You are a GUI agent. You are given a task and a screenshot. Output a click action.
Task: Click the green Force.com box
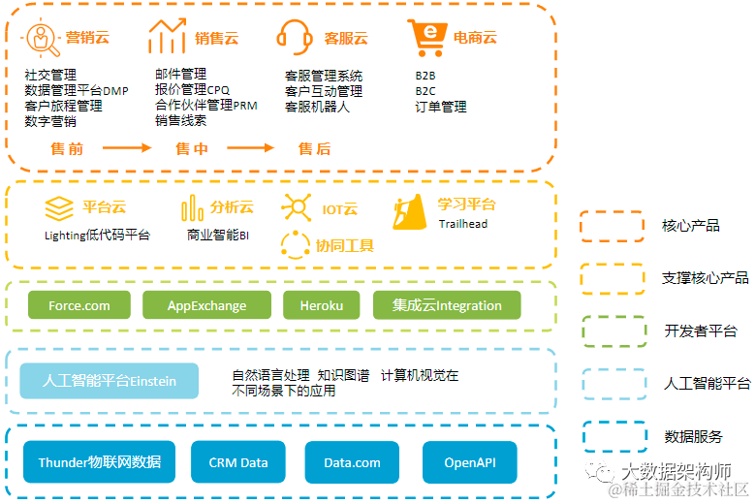click(79, 305)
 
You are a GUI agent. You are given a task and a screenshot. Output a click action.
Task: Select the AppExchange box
click(206, 305)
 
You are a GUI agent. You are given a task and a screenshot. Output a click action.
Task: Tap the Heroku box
click(322, 305)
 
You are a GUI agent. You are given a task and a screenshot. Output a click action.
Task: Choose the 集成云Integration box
click(447, 305)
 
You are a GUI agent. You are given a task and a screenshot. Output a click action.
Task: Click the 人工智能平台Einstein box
click(110, 381)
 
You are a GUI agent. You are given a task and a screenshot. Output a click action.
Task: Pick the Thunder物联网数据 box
click(100, 462)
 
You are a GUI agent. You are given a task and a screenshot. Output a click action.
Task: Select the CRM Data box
click(238, 462)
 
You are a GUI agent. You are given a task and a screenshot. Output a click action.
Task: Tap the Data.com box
click(352, 462)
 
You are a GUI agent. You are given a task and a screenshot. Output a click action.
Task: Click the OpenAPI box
click(469, 462)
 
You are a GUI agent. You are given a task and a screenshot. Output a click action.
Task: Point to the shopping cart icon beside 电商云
click(425, 38)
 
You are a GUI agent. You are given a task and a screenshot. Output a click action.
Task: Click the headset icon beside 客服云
click(295, 38)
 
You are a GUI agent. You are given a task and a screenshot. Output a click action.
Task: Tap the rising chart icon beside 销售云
click(167, 37)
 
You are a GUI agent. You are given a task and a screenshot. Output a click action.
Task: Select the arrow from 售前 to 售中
click(127, 148)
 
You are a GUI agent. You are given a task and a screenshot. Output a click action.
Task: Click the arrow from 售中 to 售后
click(251, 148)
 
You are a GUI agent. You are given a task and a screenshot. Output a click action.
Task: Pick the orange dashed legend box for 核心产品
click(612, 226)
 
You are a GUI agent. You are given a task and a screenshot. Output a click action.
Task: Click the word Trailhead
click(463, 224)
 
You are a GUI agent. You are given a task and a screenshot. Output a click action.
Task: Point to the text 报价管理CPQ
click(192, 90)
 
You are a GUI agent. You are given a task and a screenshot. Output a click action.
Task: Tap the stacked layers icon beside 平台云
click(60, 207)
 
